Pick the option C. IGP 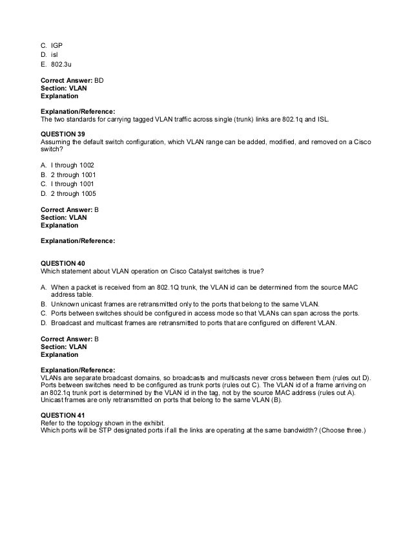pyautogui.click(x=51, y=46)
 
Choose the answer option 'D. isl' pyautogui.click(x=49, y=55)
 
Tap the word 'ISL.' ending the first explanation pyautogui.click(x=308, y=120)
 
